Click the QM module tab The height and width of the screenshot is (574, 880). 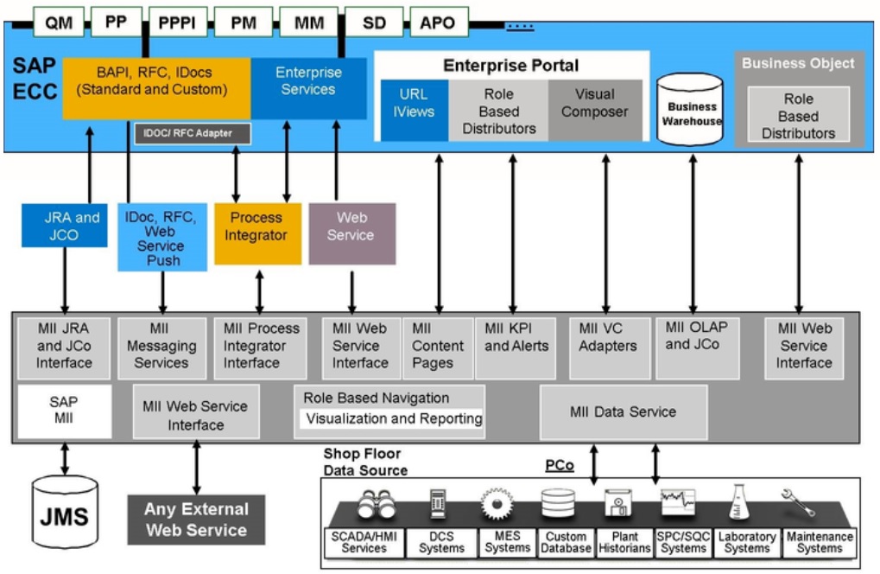click(x=59, y=22)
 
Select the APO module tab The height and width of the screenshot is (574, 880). click(x=438, y=22)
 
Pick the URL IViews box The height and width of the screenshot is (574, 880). click(x=414, y=111)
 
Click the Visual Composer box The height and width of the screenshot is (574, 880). click(x=595, y=111)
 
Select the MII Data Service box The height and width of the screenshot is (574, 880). click(x=623, y=412)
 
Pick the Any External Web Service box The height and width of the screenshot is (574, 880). click(x=196, y=520)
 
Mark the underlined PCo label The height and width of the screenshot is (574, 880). click(x=560, y=465)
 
